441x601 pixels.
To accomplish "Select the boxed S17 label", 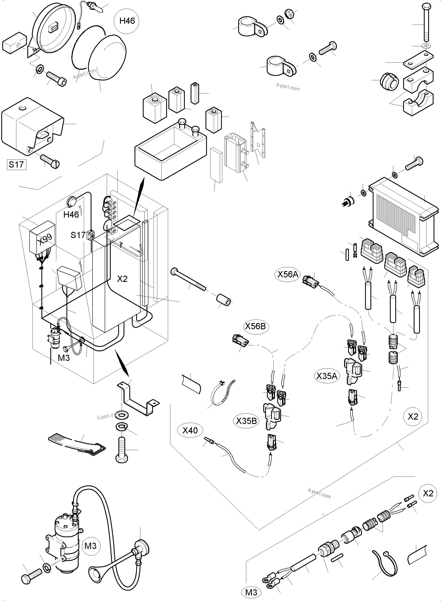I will click(x=16, y=164).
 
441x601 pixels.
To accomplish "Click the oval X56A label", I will click(x=287, y=274).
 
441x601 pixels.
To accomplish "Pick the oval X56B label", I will click(x=255, y=326).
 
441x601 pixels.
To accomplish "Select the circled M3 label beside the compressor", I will click(x=90, y=546).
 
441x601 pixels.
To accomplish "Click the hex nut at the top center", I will click(x=289, y=13).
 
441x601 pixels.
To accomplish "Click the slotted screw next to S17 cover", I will click(x=50, y=161).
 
